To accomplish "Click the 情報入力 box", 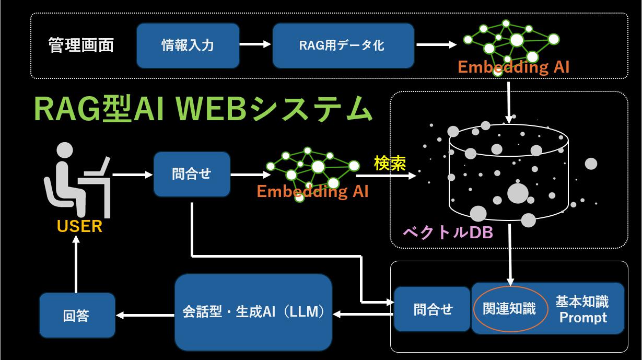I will click(188, 45).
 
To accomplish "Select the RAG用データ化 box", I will click(343, 45).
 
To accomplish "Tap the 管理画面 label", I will click(81, 45).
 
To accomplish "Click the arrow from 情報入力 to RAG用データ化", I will click(255, 45).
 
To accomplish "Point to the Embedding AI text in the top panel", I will click(513, 67).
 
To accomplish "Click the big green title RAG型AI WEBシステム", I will click(203, 109).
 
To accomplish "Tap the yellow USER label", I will click(79, 227).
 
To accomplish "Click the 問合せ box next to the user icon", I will click(192, 174).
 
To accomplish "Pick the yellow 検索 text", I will click(390, 164).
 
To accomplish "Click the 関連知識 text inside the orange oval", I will click(509, 309).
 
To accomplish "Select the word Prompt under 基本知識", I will click(583, 317).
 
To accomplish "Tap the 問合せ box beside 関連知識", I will click(433, 309).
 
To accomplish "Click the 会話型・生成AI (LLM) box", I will click(253, 312).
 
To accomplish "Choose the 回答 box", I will click(77, 315).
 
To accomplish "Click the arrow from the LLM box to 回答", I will click(145, 315).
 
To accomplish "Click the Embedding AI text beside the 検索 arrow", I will click(312, 191).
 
